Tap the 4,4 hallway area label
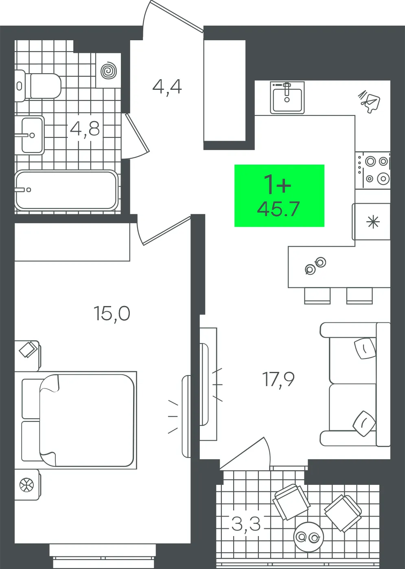[167, 87]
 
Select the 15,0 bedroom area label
[112, 314]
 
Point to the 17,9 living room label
[278, 380]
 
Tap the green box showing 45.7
[279, 195]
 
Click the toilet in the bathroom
[38, 86]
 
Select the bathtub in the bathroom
[66, 190]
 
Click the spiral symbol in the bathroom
[109, 70]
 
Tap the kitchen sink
[287, 98]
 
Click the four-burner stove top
[373, 170]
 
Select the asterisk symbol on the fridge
[373, 222]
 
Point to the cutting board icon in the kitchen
[370, 102]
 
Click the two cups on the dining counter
[315, 265]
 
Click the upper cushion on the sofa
[365, 348]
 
